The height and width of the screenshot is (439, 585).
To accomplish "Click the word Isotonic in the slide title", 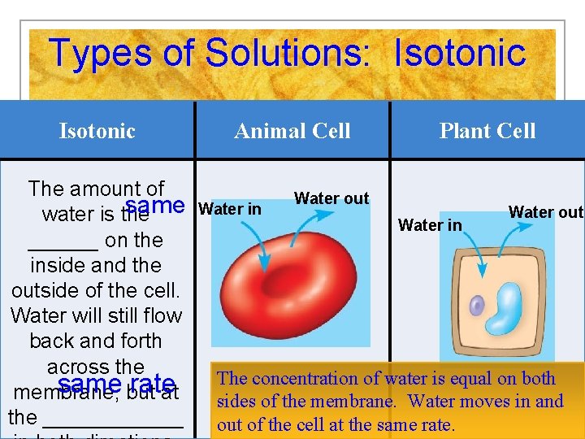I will [x=460, y=54].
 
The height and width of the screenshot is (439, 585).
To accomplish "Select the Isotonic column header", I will [x=97, y=131].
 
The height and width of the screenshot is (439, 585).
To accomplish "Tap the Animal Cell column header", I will [x=292, y=131].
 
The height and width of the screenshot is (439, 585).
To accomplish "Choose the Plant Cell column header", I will [x=487, y=131].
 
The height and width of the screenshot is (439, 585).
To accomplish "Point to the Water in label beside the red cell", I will [x=230, y=209].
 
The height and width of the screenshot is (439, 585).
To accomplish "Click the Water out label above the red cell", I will [x=331, y=198].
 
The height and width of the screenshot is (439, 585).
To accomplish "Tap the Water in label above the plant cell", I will [x=430, y=225].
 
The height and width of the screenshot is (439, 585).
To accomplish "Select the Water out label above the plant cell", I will [x=545, y=212].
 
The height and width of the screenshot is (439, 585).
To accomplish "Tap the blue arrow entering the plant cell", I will [x=478, y=256].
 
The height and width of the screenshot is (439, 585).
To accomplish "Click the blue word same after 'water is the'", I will [x=155, y=206].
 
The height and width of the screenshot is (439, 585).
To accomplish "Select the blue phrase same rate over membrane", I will [x=117, y=384].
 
